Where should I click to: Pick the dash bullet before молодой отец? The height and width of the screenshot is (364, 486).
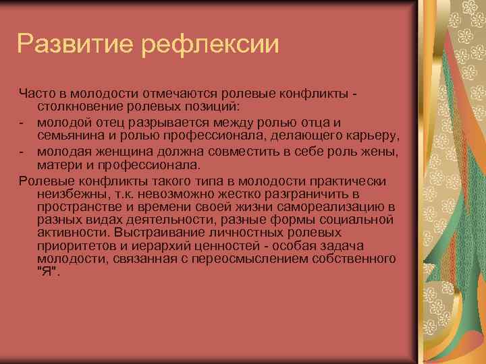(22, 122)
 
